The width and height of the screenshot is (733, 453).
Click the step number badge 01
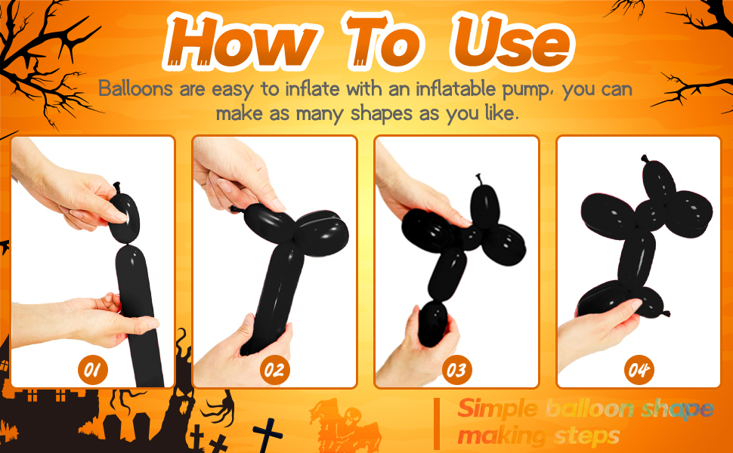point(92,370)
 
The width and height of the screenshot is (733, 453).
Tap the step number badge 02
point(274,370)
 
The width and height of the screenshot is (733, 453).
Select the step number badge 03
point(456,370)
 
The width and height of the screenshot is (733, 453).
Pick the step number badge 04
point(639,370)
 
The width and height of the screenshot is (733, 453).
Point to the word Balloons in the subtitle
point(135,88)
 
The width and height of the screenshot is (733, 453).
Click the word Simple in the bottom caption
point(498,409)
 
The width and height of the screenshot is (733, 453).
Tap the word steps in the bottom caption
point(586,436)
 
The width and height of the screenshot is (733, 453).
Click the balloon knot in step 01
point(116,188)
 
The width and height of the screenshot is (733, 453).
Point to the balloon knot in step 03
point(478,180)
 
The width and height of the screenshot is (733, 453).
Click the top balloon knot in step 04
point(645,159)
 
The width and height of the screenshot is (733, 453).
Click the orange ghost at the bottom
point(344,425)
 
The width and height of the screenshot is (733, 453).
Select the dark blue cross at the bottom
point(268,435)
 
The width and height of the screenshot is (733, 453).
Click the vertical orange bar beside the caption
point(437,424)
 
